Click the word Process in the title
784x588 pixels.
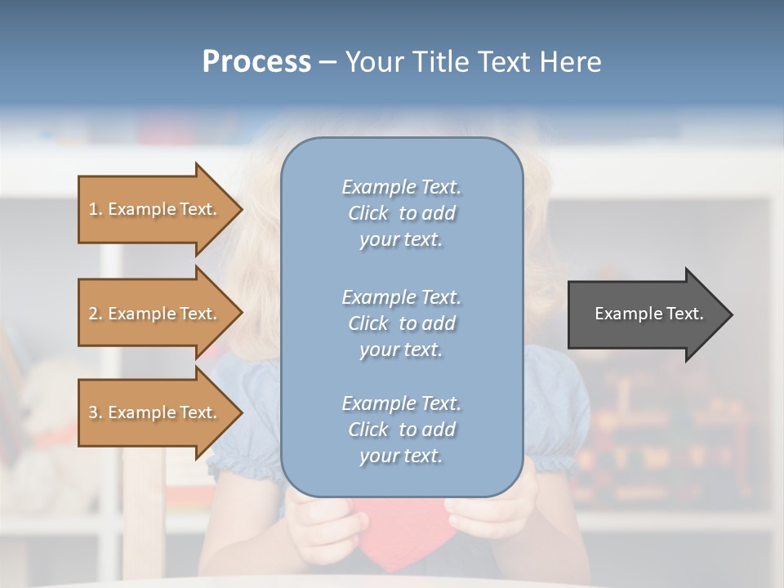coord(256,62)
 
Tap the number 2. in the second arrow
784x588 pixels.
coord(96,314)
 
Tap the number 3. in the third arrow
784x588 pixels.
coord(96,412)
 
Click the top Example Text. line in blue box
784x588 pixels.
coord(401,187)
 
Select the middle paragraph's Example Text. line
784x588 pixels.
coord(401,297)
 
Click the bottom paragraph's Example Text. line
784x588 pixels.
coord(401,403)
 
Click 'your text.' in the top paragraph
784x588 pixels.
coord(401,240)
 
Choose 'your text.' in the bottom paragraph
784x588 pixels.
coord(401,457)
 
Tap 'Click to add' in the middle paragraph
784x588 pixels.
coord(401,323)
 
